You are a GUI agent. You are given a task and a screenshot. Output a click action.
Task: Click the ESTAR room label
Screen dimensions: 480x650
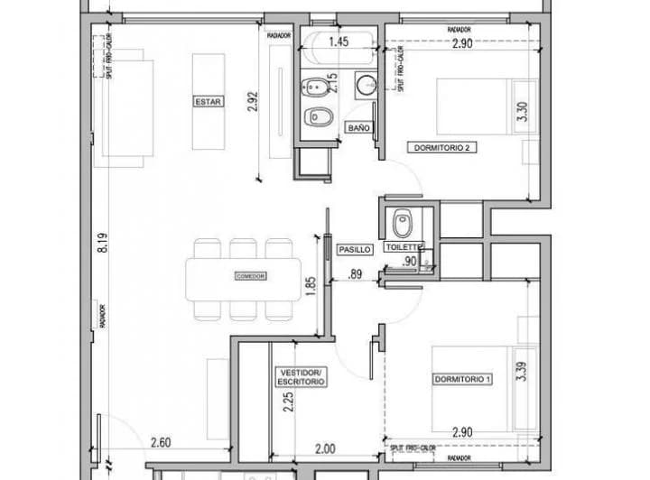point(208,102)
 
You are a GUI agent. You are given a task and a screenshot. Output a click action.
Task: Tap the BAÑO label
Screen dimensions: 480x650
point(358,128)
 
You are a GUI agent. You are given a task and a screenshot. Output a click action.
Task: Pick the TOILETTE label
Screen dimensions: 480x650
point(404,245)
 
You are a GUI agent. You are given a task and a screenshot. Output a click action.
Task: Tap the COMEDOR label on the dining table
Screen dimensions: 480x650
point(249,276)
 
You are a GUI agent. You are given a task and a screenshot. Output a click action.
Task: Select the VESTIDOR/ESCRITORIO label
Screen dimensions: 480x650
point(301,377)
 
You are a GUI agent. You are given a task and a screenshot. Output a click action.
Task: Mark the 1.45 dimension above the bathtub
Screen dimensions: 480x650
point(339,42)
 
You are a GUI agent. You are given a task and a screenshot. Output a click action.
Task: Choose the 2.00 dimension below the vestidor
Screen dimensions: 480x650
point(325,449)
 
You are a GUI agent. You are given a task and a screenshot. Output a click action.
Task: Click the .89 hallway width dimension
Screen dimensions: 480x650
point(356,274)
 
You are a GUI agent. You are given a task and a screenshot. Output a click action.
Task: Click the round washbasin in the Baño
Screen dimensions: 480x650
point(367,86)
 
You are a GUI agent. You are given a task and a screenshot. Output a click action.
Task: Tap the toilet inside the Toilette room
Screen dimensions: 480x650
point(404,222)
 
